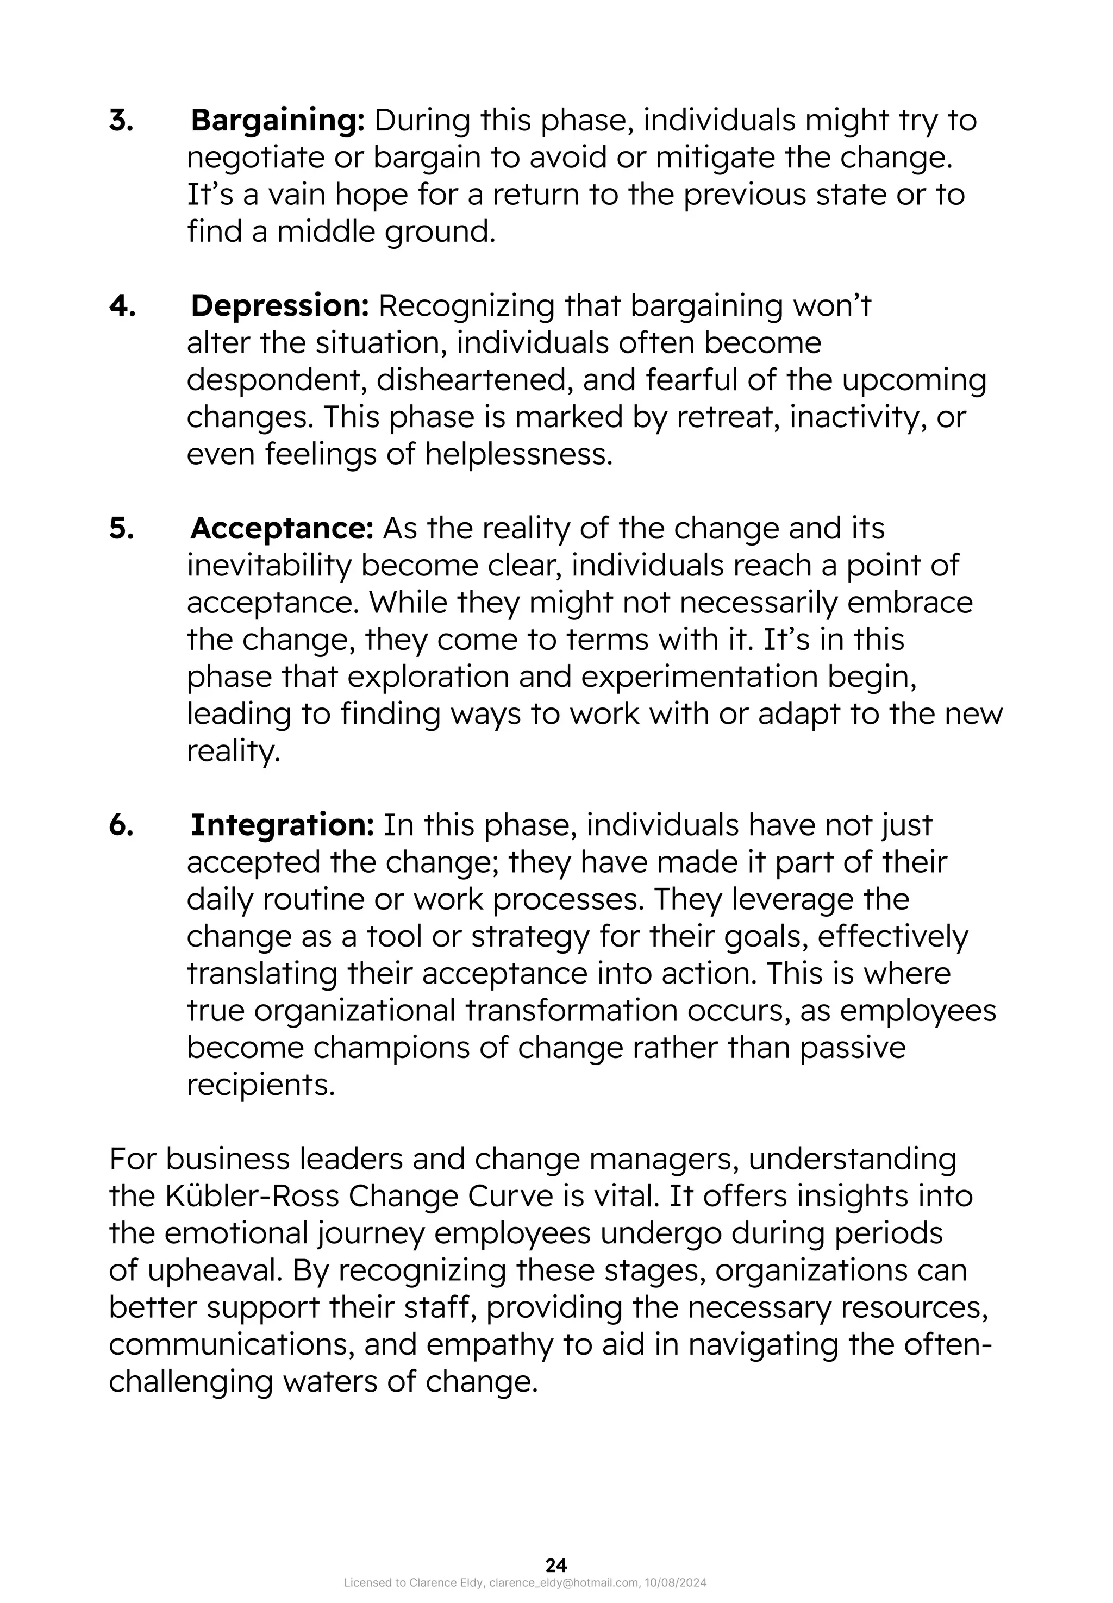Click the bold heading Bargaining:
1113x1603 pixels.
[278, 121]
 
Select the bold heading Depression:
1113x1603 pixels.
[280, 305]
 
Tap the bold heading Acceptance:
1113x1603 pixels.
[282, 529]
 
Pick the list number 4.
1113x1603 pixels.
[122, 305]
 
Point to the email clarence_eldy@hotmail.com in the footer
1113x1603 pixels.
[564, 1583]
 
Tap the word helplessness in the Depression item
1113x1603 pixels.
[519, 455]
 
